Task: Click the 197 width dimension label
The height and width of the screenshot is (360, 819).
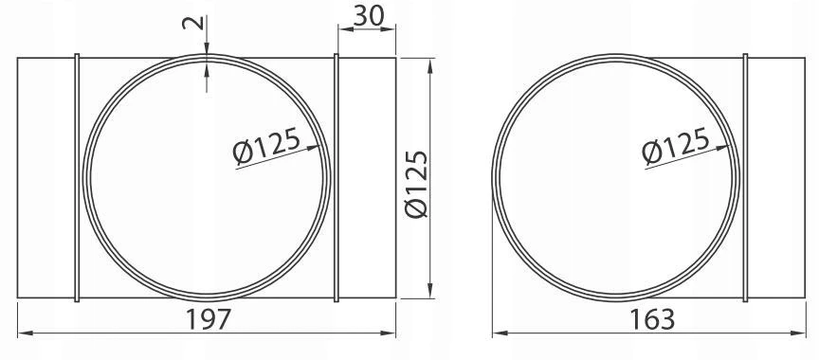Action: click(x=209, y=319)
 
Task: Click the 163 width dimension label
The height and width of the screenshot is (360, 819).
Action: click(x=652, y=319)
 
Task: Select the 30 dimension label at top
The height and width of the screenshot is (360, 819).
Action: click(x=369, y=16)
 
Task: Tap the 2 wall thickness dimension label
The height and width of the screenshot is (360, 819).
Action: click(x=192, y=23)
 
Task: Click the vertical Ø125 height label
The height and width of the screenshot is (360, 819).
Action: click(x=417, y=184)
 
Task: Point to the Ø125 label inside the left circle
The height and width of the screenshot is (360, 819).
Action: click(x=267, y=146)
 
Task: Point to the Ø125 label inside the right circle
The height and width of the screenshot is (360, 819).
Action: click(x=676, y=146)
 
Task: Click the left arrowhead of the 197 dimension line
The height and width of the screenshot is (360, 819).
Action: click(x=25, y=333)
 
